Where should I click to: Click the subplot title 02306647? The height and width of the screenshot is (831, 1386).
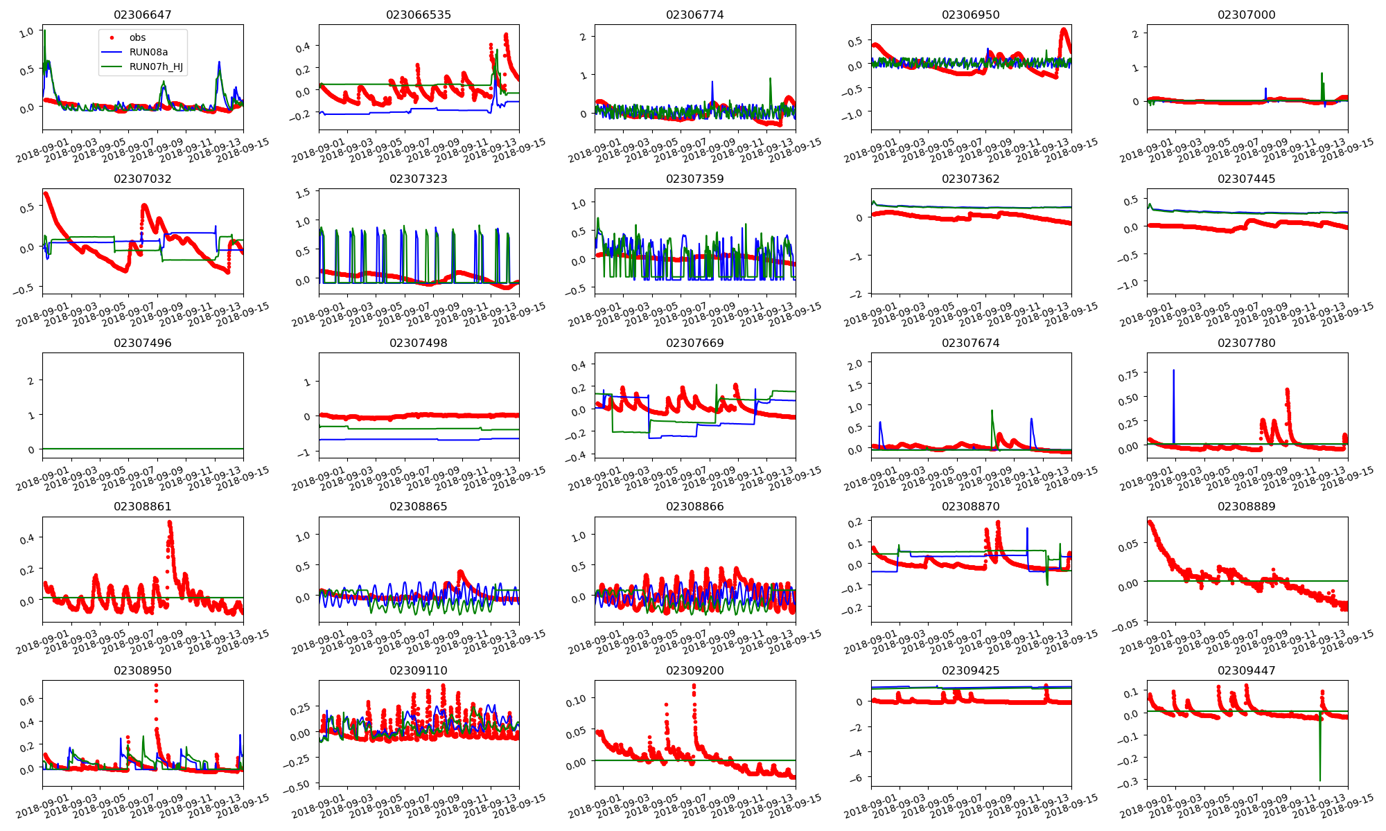(142, 15)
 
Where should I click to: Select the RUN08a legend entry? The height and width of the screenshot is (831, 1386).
(148, 52)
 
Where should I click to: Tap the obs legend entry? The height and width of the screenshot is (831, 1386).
(137, 37)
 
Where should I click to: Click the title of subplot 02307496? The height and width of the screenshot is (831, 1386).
(142, 343)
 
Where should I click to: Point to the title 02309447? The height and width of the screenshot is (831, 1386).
(1246, 670)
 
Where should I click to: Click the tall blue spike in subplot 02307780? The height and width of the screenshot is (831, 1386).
(1173, 370)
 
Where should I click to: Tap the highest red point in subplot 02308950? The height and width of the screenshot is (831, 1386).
(156, 686)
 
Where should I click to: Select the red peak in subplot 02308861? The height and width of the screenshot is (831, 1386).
(170, 523)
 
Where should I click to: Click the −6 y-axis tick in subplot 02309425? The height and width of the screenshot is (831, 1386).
(859, 778)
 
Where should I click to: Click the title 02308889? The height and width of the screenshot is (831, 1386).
(1246, 506)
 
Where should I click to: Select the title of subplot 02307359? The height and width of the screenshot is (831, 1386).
(694, 179)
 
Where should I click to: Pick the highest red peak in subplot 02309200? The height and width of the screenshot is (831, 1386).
(694, 686)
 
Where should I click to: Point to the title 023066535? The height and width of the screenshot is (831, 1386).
(419, 15)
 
